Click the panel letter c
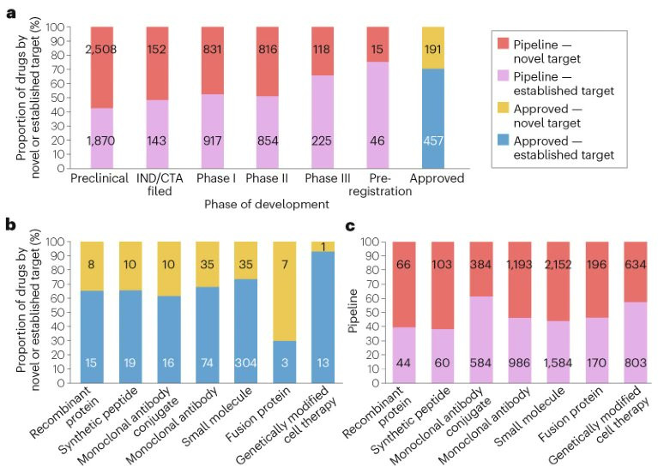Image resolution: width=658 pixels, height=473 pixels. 350,226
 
